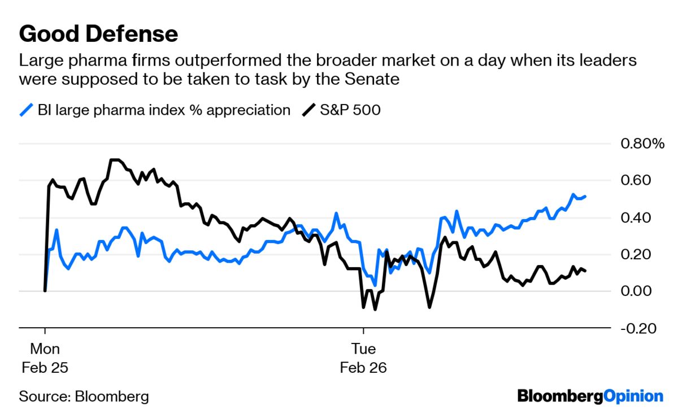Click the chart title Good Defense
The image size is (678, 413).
pos(98,34)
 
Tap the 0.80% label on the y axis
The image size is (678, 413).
pos(643,144)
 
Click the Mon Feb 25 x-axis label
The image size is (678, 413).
pos(45,358)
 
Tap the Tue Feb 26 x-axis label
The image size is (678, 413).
pos(363,358)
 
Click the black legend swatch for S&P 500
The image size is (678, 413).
pos(308,110)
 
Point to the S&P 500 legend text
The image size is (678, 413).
pos(350,110)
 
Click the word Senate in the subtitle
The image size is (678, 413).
pos(371,79)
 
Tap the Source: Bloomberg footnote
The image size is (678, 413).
pos(84,396)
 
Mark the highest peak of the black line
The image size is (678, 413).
pos(115,160)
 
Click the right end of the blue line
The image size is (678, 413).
pos(585,196)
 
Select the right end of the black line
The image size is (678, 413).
pos(585,271)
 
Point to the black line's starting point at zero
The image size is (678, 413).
pos(45,290)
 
